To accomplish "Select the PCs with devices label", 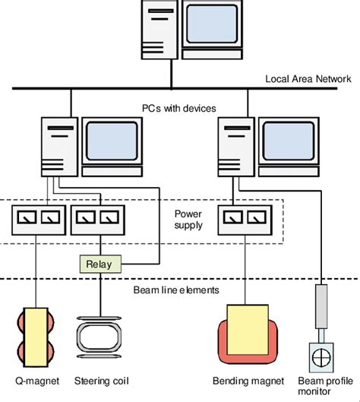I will pyautogui.click(x=179, y=109).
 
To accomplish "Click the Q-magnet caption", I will pyautogui.click(x=35, y=381).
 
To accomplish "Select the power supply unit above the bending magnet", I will pyautogui.click(x=245, y=219).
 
